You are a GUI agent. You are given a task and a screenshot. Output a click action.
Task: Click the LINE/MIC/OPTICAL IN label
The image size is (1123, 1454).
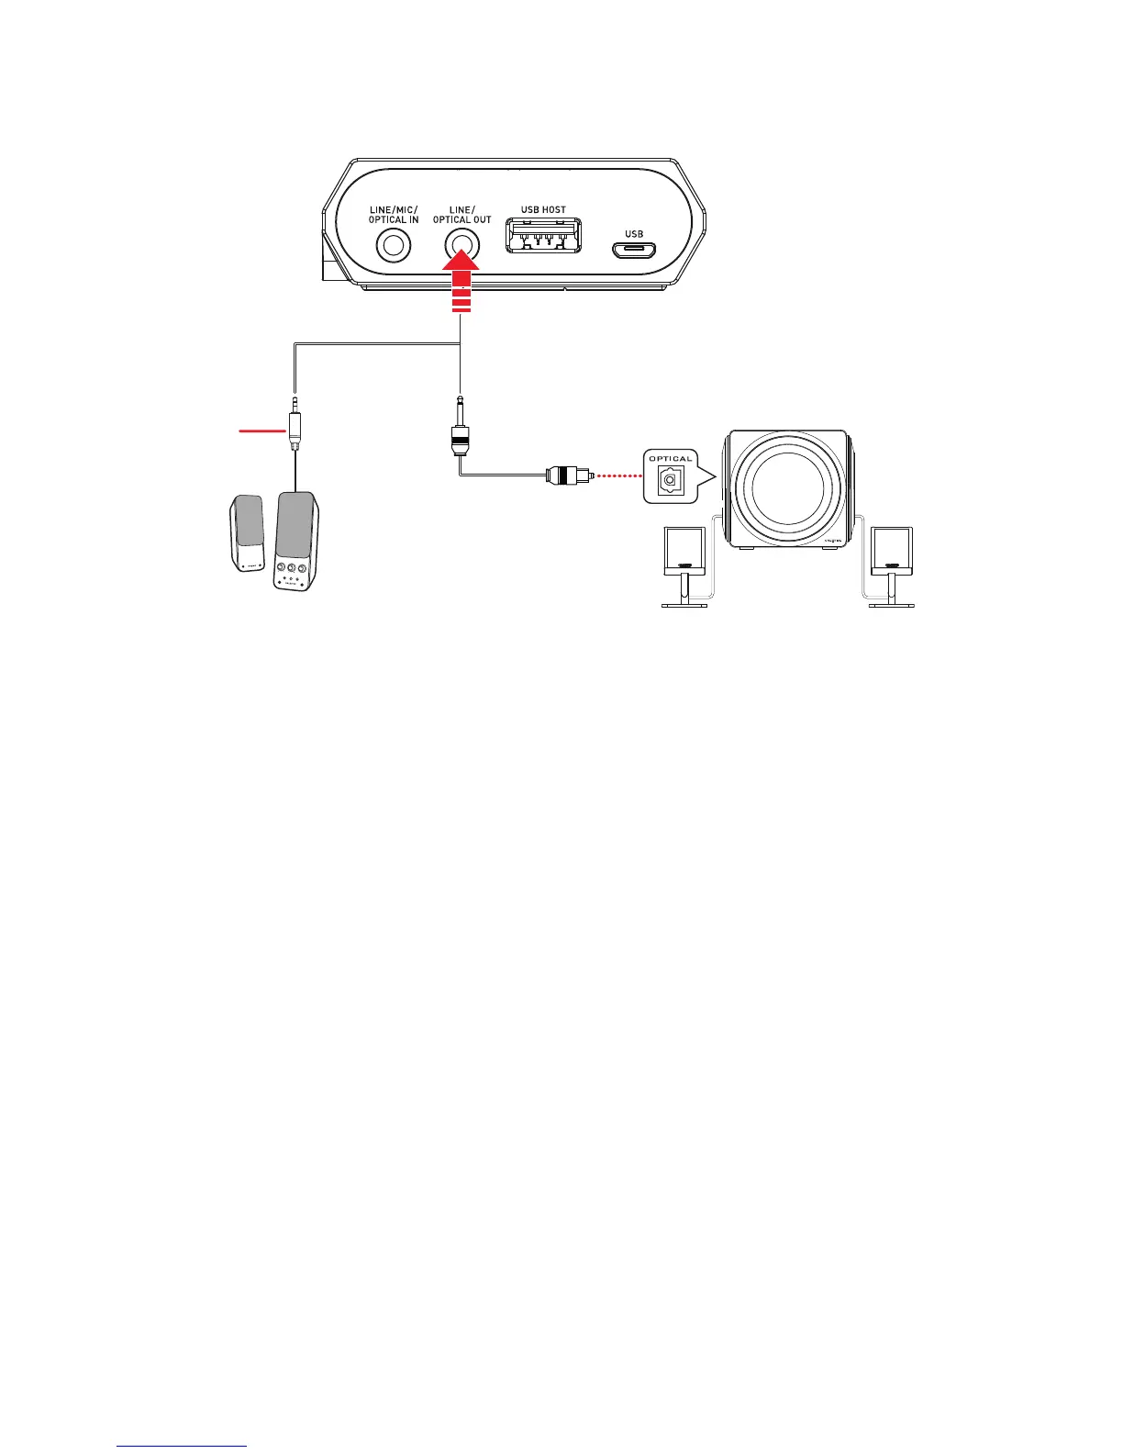[x=394, y=215]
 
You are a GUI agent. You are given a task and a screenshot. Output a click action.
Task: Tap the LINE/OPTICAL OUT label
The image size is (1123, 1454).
[x=461, y=215]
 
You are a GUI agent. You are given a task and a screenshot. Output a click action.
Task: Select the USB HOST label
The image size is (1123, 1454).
[x=543, y=209]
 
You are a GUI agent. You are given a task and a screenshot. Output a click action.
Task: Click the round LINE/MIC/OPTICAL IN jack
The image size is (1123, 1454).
[x=395, y=246]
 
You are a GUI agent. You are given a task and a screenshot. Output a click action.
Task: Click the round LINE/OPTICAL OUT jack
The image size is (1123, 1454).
[x=461, y=245]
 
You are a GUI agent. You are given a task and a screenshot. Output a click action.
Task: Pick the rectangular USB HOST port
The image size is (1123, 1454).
[x=543, y=236]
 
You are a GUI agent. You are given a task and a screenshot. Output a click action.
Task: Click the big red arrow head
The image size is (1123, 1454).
[x=461, y=273]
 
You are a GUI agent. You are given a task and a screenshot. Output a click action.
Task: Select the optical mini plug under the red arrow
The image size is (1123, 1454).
[x=459, y=431]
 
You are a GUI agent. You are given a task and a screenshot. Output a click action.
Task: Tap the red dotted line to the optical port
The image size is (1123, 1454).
[x=617, y=476]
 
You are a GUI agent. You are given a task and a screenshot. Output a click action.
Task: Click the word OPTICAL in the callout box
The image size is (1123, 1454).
[x=671, y=459]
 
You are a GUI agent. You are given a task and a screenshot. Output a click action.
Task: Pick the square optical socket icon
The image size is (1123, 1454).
[x=671, y=478]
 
